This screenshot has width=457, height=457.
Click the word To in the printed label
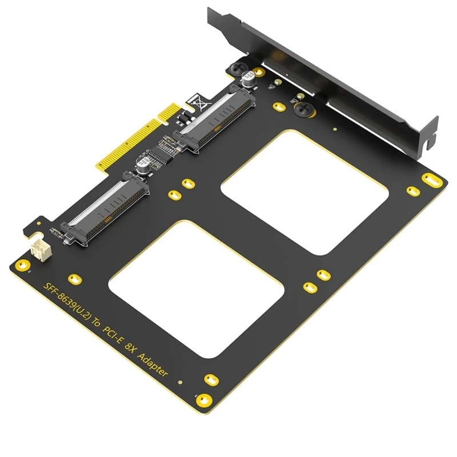tap(98, 326)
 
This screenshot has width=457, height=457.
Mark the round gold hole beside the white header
tap(22, 266)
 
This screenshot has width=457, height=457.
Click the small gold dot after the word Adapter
tap(179, 382)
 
